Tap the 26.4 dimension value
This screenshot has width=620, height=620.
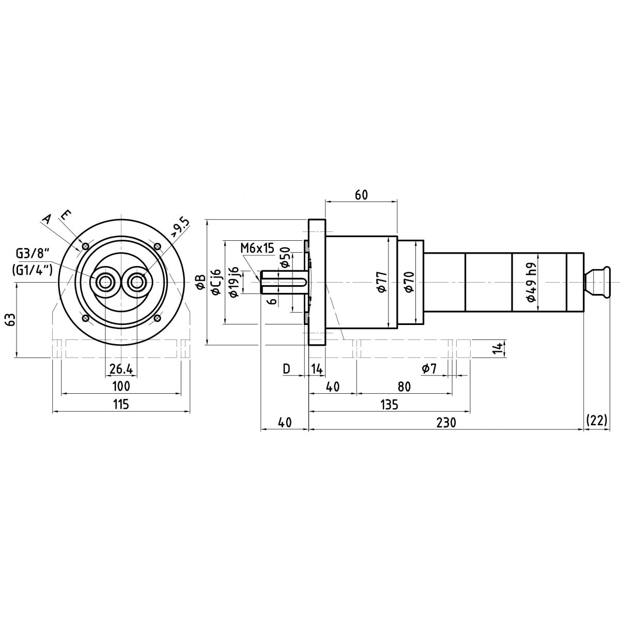tap(121, 369)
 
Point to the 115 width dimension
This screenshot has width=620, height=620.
tap(121, 404)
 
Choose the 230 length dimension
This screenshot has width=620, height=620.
tap(446, 423)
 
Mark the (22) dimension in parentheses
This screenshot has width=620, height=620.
tap(597, 420)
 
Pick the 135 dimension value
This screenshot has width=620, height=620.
tap(390, 405)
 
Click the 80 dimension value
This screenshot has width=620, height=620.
tap(404, 386)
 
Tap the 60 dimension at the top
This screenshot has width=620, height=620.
tap(361, 195)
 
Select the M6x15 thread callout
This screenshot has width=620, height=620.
tap(257, 248)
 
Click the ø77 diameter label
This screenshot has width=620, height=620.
tap(382, 282)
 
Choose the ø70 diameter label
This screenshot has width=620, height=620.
tap(409, 282)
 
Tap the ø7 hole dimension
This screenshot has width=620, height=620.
tap(429, 369)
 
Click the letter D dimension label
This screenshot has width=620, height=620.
tap(286, 369)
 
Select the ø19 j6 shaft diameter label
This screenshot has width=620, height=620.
tap(234, 282)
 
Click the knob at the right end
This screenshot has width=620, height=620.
tap(596, 282)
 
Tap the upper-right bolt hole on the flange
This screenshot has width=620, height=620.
tap(158, 246)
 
